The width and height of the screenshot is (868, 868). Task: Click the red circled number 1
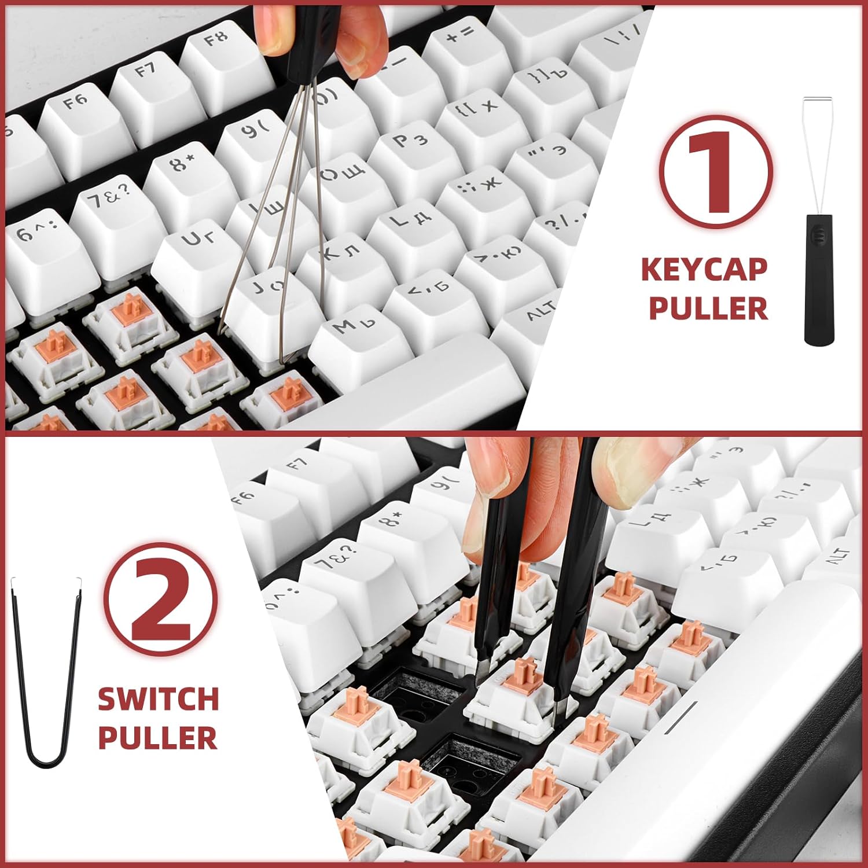tap(716, 171)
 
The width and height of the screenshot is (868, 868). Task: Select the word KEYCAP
tap(704, 270)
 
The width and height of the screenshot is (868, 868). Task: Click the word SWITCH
tap(158, 699)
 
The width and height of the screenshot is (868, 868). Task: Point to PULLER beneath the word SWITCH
tap(158, 737)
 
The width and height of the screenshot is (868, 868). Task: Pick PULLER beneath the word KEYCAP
tap(708, 308)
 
